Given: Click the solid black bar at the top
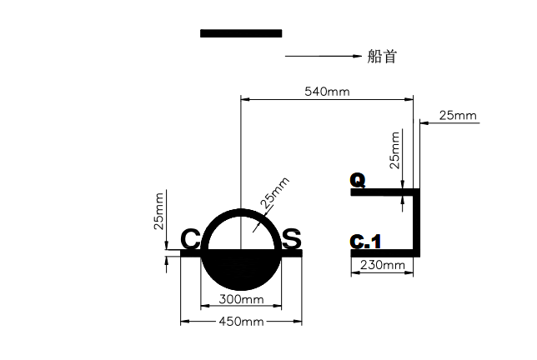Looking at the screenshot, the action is tap(241, 33).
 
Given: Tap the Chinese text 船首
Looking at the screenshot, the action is tap(382, 56).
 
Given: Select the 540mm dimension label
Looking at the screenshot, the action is tap(327, 92).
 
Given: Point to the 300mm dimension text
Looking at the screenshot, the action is tap(241, 299).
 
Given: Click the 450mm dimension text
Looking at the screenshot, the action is tap(241, 322).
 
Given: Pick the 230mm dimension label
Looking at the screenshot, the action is tap(382, 265).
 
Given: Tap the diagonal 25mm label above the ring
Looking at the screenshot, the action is tap(275, 192).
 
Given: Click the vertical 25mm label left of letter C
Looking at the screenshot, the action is tap(159, 211).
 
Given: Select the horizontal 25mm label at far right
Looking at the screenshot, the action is tap(458, 116).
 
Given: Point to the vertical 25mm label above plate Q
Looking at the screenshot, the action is tap(395, 150).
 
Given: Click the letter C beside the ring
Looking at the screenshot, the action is tap(190, 239).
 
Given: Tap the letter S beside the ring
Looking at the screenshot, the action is tap(292, 238).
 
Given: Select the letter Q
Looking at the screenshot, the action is tap(358, 180).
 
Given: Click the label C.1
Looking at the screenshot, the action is tap(365, 242).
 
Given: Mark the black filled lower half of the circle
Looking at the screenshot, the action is tap(241, 268).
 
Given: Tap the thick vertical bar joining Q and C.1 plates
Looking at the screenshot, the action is tap(416, 222).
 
